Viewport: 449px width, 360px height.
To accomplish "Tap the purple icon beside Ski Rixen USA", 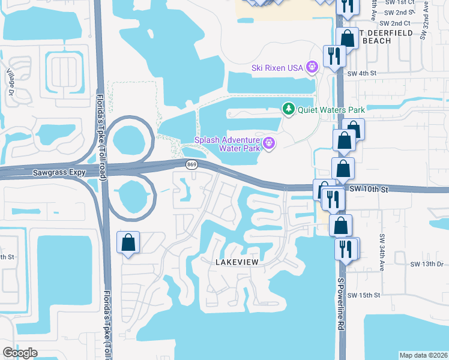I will (312, 67).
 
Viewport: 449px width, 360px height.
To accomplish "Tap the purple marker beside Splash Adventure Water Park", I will (268, 143).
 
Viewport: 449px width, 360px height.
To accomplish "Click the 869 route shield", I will (191, 164).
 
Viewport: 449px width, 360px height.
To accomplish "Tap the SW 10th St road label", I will (370, 189).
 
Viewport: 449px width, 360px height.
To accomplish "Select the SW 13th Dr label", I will (427, 263).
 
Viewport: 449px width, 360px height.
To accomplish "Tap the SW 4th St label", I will (361, 73).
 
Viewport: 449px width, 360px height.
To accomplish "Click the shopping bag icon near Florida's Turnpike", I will (128, 243).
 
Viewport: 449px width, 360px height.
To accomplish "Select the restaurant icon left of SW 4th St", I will (333, 56).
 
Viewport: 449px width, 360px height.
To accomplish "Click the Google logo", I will (20, 353).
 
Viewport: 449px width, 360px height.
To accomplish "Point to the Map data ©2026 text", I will (423, 355).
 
